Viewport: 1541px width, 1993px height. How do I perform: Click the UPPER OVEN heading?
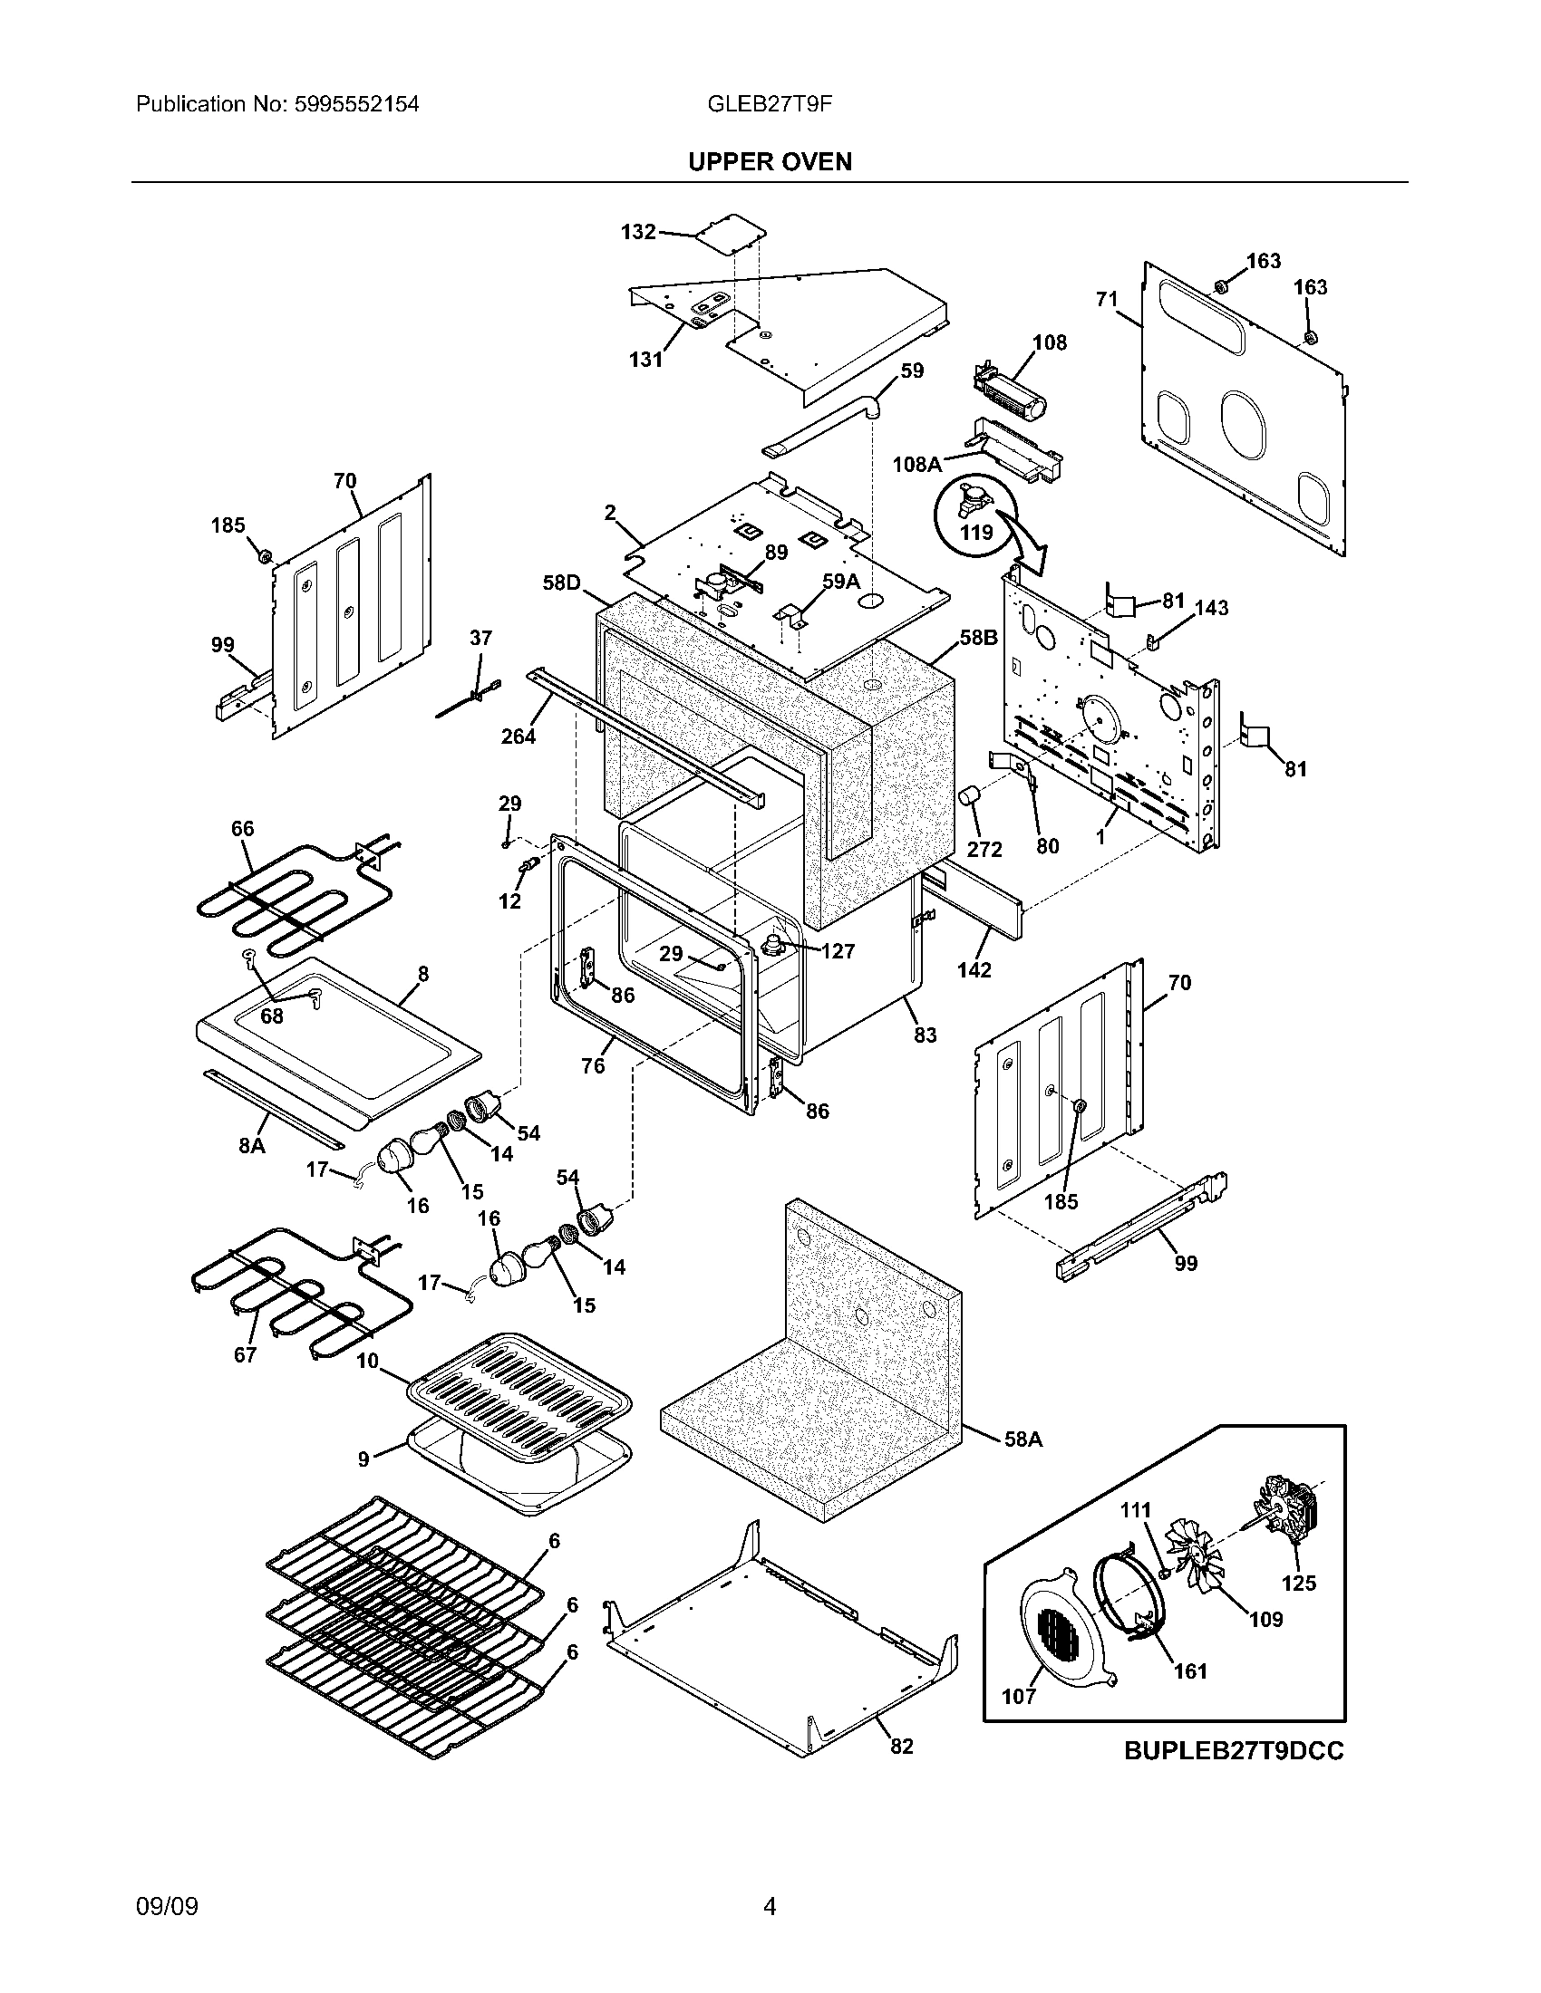pyautogui.click(x=770, y=161)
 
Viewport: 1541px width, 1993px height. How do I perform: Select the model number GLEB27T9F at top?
pyautogui.click(x=769, y=104)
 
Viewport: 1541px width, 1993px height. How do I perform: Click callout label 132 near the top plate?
pyautogui.click(x=638, y=232)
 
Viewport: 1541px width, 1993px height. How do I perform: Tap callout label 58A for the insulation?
pyautogui.click(x=1022, y=1439)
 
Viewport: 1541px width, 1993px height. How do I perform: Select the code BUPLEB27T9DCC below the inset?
pyautogui.click(x=1234, y=1751)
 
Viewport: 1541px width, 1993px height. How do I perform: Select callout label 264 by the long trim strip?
pyautogui.click(x=518, y=735)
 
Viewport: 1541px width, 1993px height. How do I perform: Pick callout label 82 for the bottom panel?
pyautogui.click(x=901, y=1745)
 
